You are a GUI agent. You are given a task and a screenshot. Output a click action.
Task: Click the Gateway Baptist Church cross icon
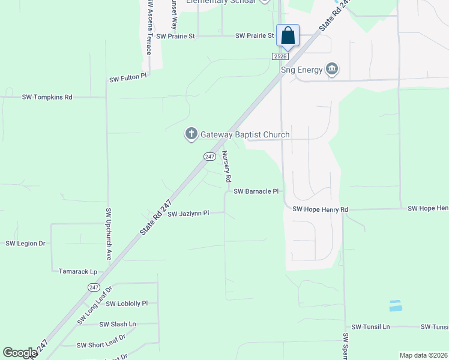191,134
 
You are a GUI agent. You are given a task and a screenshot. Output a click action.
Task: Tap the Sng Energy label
302,70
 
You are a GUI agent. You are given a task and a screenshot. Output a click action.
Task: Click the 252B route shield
280,56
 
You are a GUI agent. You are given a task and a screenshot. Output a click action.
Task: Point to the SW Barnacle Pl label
256,191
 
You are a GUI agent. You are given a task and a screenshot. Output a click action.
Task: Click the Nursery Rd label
227,166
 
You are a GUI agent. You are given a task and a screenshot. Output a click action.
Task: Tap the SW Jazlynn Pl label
188,214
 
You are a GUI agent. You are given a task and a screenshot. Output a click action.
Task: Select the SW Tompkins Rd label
47,97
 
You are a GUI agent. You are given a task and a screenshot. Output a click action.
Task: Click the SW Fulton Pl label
128,78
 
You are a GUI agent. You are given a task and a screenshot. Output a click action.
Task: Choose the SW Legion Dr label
26,243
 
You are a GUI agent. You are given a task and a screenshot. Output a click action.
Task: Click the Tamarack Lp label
78,271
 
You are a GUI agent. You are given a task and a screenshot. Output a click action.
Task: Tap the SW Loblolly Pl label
127,304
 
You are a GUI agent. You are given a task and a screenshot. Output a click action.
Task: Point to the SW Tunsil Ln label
370,326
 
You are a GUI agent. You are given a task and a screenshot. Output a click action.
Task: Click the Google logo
19,353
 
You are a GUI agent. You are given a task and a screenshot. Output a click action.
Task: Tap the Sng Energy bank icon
331,70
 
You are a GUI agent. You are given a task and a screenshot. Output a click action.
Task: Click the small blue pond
396,305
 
